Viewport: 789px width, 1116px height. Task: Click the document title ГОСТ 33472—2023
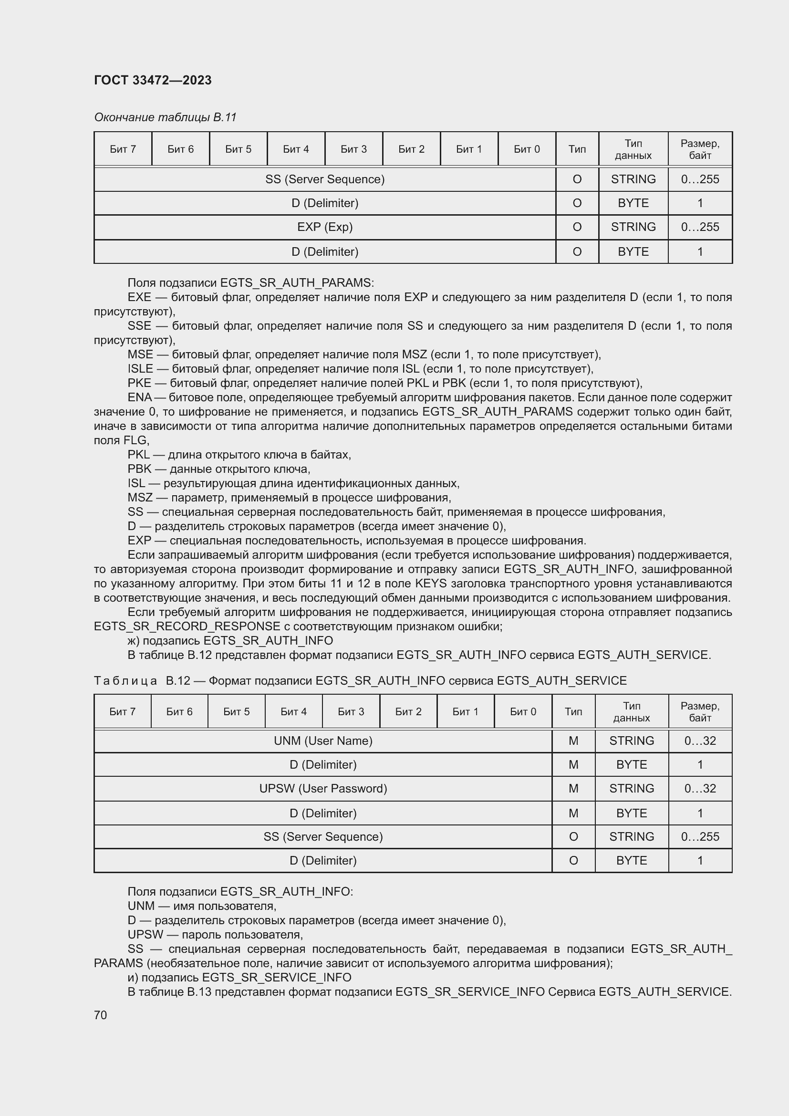[153, 80]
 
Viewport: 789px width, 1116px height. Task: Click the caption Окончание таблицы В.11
[165, 117]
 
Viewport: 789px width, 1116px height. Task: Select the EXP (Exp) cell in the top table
[324, 227]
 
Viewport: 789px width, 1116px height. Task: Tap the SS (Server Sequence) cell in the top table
[324, 179]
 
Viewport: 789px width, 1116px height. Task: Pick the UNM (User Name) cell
[323, 741]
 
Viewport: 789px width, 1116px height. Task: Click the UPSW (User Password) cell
[323, 788]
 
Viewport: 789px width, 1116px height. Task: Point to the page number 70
[101, 1015]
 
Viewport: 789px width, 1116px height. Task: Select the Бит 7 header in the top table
[123, 149]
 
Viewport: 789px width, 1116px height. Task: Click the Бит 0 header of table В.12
[523, 711]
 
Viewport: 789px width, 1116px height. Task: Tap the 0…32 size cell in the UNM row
[700, 741]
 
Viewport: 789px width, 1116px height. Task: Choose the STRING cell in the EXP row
[633, 227]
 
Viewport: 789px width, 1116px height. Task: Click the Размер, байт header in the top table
[700, 149]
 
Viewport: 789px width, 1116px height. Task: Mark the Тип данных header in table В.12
[631, 711]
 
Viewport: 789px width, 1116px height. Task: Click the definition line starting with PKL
[239, 455]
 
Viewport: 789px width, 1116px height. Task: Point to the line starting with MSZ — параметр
[289, 497]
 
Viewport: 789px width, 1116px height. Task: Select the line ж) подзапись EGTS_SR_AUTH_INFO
[230, 641]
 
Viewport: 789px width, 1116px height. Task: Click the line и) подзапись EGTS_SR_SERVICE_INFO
[239, 977]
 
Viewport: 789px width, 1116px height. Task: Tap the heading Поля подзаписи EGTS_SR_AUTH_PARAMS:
[251, 282]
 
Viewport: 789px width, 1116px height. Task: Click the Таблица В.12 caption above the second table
[360, 680]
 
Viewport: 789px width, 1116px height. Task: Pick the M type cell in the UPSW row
[573, 788]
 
